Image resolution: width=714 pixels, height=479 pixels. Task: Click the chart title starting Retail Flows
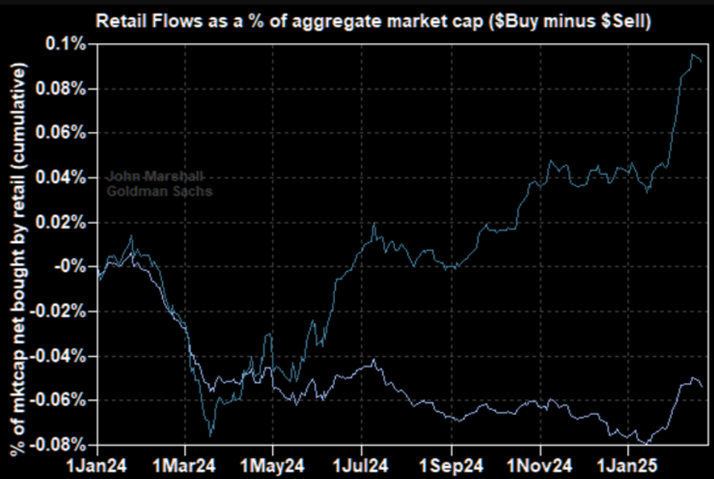pos(374,22)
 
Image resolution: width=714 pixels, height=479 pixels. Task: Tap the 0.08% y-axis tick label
pos(68,89)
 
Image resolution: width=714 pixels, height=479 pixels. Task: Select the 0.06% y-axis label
pos(68,133)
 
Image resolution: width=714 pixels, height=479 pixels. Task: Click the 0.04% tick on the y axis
pos(68,178)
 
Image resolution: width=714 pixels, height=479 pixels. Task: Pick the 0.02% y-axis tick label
pos(68,223)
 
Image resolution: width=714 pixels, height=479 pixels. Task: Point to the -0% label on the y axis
pos(76,267)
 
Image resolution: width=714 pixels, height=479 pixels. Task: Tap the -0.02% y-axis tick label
pos(66,311)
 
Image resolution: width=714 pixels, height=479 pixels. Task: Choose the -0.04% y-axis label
pos(66,356)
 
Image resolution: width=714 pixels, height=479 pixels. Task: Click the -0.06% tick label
pos(66,400)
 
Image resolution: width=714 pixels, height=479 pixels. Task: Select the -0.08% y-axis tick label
pos(66,445)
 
